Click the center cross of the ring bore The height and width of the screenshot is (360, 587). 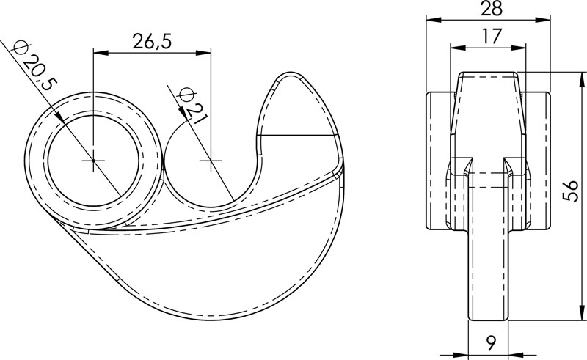[94, 160]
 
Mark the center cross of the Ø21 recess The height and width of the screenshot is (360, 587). [211, 160]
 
